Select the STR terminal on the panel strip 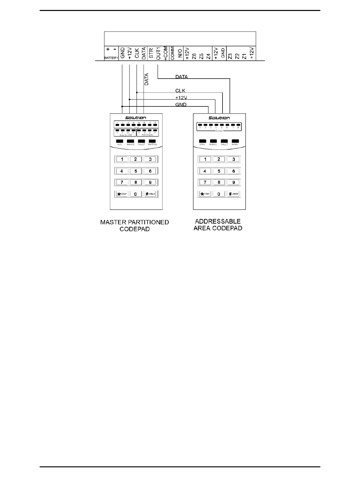[x=151, y=53]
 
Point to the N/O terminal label [x=180, y=53]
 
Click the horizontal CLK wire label [x=180, y=90]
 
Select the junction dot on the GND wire [x=122, y=106]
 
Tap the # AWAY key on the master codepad [x=150, y=194]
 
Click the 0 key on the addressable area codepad [x=219, y=194]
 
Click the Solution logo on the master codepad [x=136, y=118]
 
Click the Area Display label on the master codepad [x=147, y=134]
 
